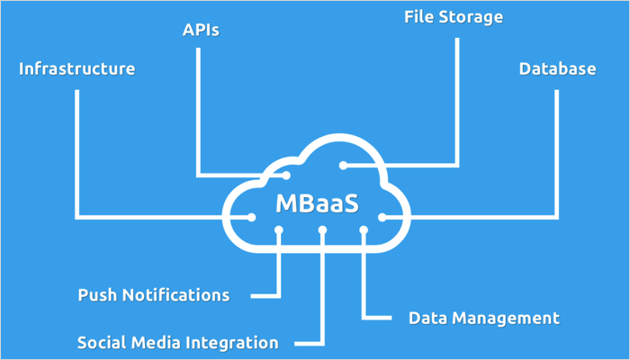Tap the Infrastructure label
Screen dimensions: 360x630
click(77, 69)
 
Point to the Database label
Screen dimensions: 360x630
click(557, 69)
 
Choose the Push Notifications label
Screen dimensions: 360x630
click(153, 295)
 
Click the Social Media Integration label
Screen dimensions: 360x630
click(177, 343)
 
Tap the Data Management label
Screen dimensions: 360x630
click(484, 319)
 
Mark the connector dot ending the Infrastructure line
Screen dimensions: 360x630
click(226, 217)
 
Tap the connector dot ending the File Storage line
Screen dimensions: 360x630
click(343, 166)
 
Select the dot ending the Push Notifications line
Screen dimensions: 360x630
click(280, 230)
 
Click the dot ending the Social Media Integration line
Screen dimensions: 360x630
click(322, 230)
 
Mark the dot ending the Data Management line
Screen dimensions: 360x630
click(364, 230)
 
